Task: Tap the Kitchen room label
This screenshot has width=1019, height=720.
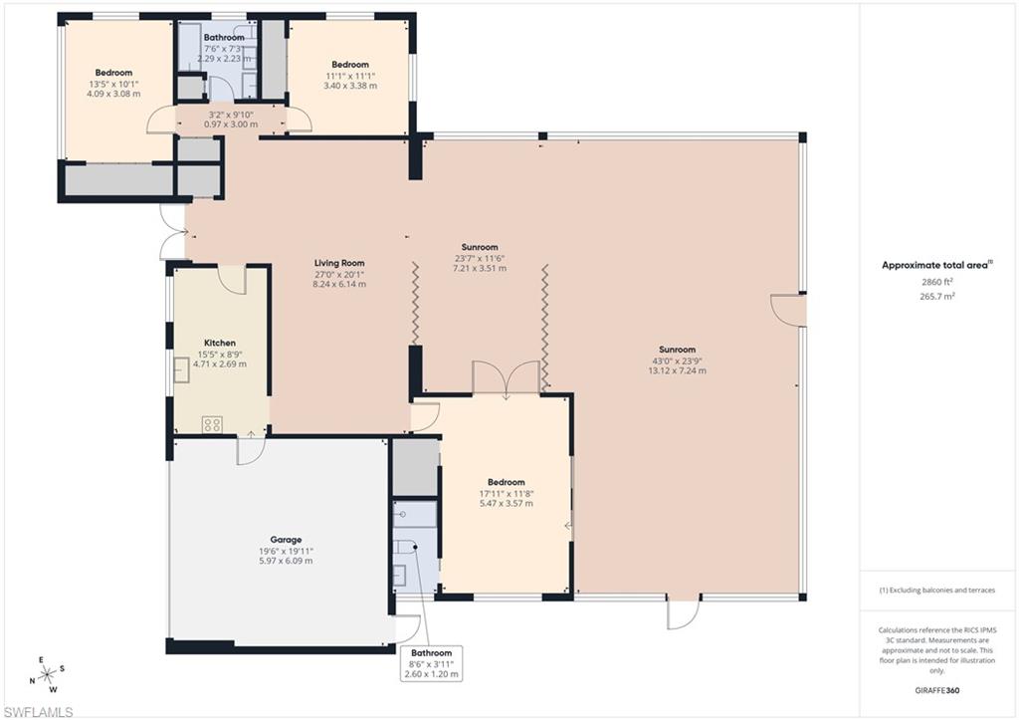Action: (219, 343)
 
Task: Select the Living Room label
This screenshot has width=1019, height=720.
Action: (340, 263)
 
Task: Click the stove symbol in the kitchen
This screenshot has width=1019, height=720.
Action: (212, 424)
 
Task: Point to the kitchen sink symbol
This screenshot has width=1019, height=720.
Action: (183, 370)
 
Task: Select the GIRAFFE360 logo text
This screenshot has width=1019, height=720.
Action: (938, 689)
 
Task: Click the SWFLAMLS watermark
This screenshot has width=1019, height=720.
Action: (38, 711)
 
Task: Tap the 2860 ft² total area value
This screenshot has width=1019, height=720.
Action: (938, 282)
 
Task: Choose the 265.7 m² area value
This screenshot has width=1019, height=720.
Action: (938, 296)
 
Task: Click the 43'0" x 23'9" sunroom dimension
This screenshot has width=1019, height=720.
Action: (679, 360)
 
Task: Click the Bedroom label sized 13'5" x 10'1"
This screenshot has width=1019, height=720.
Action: (112, 73)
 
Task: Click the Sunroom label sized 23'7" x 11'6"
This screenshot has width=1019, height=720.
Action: (480, 247)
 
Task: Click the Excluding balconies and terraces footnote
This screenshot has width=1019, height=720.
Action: (936, 590)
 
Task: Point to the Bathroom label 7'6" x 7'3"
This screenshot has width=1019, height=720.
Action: (224, 38)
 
